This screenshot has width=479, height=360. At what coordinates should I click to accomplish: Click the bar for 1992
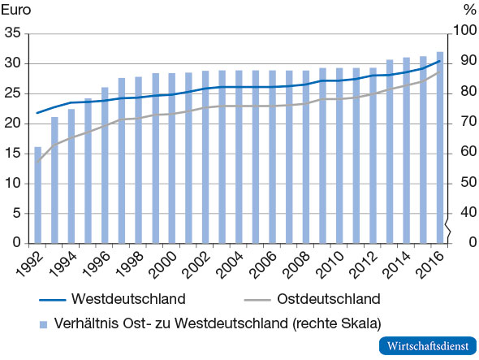pos(38,195)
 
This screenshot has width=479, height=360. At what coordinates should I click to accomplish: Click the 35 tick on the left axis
pos(12,33)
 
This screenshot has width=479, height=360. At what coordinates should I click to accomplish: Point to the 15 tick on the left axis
pos(12,153)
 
